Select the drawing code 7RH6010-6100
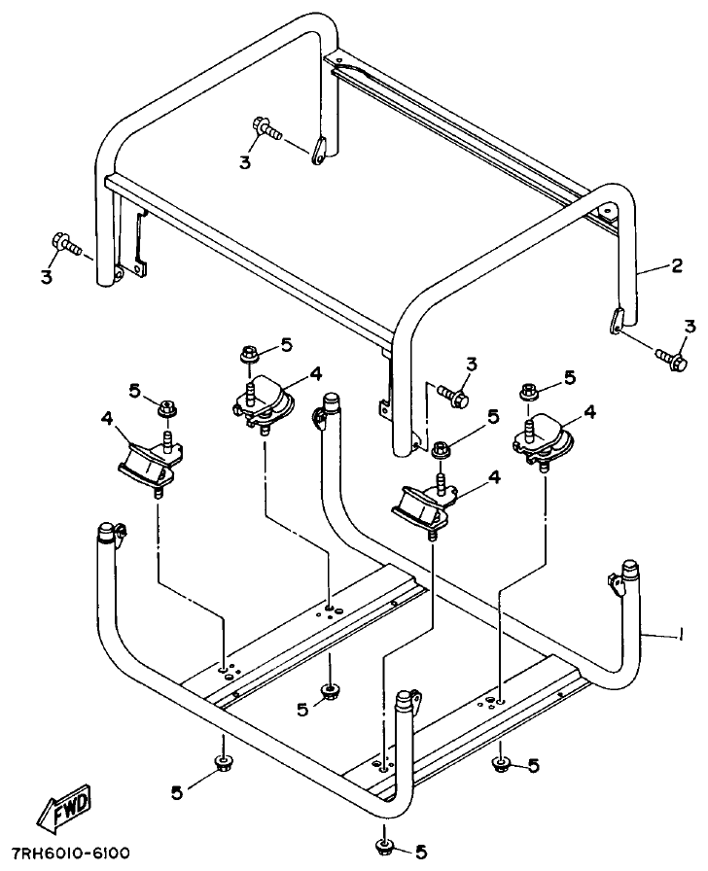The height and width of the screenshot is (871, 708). point(70,854)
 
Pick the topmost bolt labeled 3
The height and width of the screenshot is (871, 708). point(265,127)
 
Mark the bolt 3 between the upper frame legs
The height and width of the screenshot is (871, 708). point(453,394)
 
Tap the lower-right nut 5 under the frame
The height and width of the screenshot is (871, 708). point(501,763)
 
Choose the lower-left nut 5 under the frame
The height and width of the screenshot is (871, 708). point(223,761)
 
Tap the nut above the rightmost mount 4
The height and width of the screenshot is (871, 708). point(529,391)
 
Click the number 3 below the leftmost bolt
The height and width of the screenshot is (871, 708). point(46,278)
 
